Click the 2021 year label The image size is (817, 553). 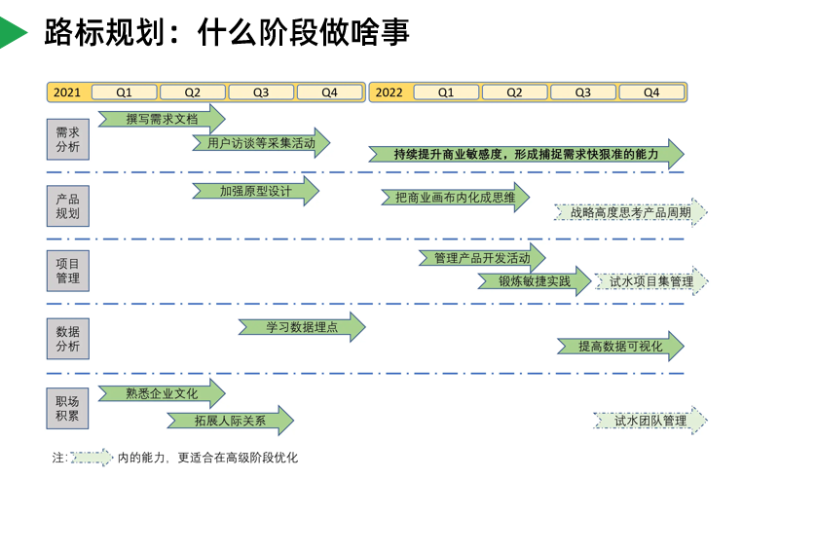[x=67, y=92]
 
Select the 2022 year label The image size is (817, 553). [x=389, y=92]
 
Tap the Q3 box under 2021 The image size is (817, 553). [x=261, y=92]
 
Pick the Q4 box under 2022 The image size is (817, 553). [x=651, y=92]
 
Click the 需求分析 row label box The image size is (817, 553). [x=68, y=139]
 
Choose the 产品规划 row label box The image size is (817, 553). [x=68, y=205]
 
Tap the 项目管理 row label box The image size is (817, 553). [x=68, y=271]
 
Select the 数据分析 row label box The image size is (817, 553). [x=68, y=338]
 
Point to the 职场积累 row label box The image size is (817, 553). [x=68, y=408]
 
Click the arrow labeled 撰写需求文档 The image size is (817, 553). [x=162, y=119]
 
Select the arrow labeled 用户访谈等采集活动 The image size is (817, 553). [x=261, y=143]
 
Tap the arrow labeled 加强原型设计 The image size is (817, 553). [x=255, y=191]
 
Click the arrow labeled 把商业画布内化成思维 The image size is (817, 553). [x=455, y=198]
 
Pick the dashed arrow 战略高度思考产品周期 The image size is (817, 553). [x=630, y=211]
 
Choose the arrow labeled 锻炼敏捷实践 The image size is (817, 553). [x=534, y=281]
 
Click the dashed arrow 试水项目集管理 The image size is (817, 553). [x=651, y=281]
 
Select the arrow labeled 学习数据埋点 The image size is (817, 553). [x=302, y=327]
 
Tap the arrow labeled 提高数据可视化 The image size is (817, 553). [x=620, y=346]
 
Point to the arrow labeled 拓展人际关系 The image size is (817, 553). [x=230, y=421]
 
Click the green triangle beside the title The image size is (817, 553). [x=12, y=32]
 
